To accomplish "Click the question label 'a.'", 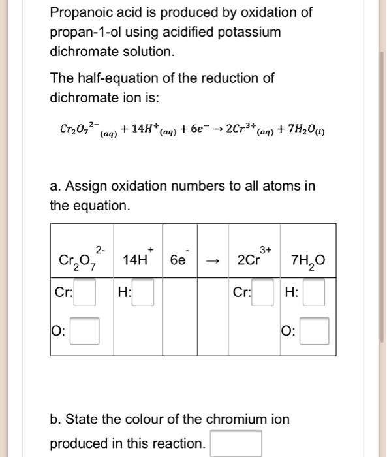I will point(55,187).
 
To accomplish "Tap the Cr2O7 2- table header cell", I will point(82,259).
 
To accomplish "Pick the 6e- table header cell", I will point(178,259).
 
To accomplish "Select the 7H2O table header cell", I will point(309,259).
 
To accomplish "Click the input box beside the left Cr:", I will point(87,292).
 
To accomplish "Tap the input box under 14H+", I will point(144,292).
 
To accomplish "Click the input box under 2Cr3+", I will point(264,292).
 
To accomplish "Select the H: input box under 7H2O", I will point(314,292).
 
